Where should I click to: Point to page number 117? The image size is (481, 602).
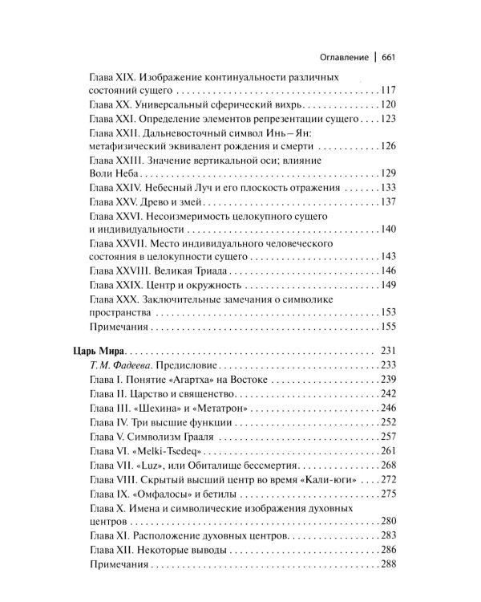pos(389,91)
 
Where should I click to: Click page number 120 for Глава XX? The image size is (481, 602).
pos(389,105)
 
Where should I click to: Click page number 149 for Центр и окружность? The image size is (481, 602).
pos(389,285)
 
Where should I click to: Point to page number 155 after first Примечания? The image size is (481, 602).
pos(389,327)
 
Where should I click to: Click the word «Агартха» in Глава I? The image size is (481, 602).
pos(200,380)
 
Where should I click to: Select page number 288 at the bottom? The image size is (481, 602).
pos(389,565)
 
